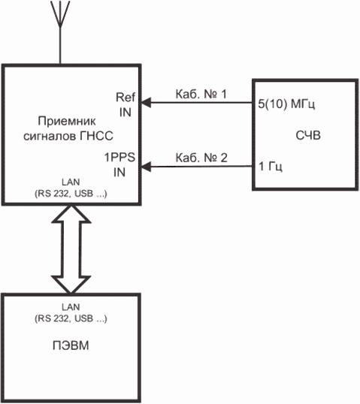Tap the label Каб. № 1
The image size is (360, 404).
201,94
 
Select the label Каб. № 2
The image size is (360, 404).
201,158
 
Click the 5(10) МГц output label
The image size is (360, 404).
286,104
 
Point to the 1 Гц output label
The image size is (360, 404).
271,167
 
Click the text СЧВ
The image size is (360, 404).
308,135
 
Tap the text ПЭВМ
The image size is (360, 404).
71,345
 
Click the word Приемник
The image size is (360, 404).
67,121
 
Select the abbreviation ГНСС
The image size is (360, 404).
96,136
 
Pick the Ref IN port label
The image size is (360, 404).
126,104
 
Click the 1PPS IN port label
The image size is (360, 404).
119,164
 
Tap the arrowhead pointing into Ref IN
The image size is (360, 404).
146,103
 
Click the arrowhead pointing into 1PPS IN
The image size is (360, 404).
146,167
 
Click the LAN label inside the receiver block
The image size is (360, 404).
71,182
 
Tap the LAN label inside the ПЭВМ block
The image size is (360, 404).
71,307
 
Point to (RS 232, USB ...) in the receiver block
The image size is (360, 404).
71,194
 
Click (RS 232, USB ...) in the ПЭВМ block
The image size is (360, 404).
71,318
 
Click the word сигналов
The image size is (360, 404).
50,137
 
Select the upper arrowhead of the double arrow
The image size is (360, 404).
71,214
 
